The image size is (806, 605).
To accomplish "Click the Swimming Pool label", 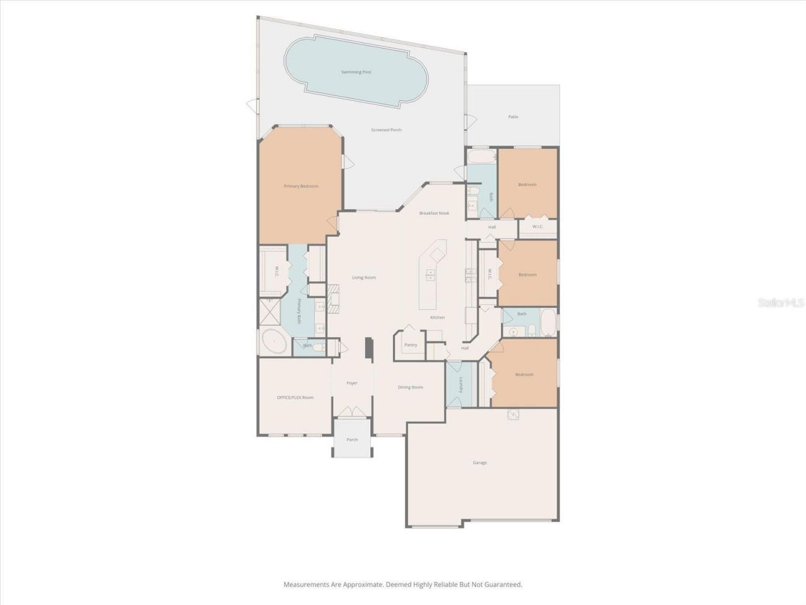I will [356, 72].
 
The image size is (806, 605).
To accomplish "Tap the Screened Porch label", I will [386, 130].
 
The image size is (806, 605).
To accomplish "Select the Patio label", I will [513, 117].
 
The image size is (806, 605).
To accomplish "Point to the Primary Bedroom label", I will [301, 186].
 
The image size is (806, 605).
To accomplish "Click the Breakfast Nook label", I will [434, 213].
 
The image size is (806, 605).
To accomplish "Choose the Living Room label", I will [364, 277].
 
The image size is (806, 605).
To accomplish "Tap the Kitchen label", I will [438, 317].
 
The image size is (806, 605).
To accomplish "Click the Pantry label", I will [411, 345].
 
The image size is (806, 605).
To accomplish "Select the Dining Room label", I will [411, 387].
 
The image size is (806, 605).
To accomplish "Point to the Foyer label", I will [352, 383].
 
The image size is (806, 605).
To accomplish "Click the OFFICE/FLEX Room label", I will [295, 397].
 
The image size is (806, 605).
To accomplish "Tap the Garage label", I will [480, 463].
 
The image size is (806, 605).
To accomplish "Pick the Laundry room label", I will [461, 384].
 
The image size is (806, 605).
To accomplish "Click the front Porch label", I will [352, 439].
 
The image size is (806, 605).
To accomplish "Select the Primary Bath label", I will [300, 311].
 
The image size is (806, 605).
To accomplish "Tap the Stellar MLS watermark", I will [781, 303].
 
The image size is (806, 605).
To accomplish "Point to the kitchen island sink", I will [431, 275].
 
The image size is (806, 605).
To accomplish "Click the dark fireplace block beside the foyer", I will [370, 349].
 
